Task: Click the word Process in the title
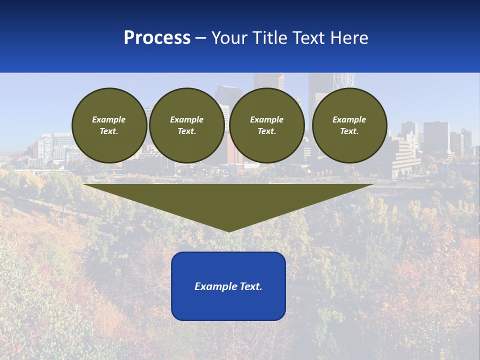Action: point(157,38)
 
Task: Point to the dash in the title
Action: point(201,38)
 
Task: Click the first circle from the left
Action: point(109,125)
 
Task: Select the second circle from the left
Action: point(186,125)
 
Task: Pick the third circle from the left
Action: point(266,125)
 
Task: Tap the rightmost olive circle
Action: point(349,125)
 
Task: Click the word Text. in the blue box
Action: point(250,286)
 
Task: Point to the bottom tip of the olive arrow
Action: point(228,231)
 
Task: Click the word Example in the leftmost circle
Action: point(109,119)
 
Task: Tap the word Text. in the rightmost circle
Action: point(349,131)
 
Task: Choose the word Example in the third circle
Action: point(266,119)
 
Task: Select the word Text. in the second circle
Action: point(186,131)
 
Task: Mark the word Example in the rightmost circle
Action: point(349,119)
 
